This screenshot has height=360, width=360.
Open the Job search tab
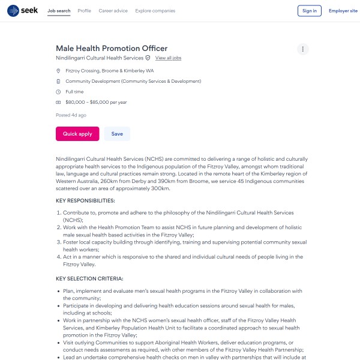coord(59,11)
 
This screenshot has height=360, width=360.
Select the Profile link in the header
coord(85,11)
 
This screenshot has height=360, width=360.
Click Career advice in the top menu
coord(113,11)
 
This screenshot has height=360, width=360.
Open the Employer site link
coord(343,11)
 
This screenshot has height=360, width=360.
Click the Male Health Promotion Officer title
coord(112,48)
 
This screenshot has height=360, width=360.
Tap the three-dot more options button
coord(303,49)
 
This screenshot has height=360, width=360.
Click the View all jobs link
coord(168,58)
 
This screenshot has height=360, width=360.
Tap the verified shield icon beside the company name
coord(148,58)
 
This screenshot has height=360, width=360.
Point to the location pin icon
coord(58,71)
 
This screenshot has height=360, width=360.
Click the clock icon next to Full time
coord(58,92)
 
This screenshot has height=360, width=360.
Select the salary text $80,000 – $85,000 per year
coord(96,102)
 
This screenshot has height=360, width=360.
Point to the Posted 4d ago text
coord(71,115)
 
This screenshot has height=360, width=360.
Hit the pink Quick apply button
coord(77,134)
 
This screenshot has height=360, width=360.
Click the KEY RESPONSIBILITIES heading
coord(85,200)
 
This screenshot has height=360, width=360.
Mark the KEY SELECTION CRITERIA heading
coord(89,278)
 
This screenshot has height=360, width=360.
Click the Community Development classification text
coord(133,81)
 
